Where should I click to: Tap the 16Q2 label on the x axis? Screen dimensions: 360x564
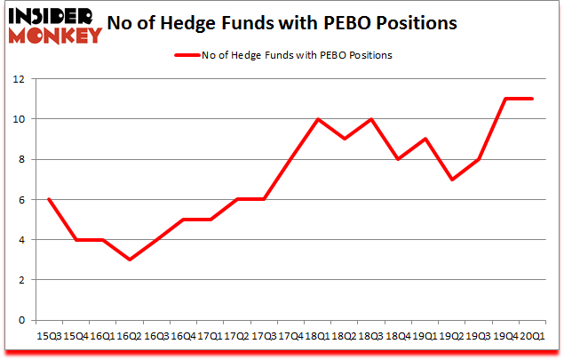[130, 337]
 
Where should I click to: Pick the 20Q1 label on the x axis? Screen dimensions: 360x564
[533, 337]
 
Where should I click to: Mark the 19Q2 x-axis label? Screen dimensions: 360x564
[452, 337]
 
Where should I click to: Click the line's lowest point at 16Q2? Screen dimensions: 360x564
[130, 260]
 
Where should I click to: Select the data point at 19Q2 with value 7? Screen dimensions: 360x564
[452, 180]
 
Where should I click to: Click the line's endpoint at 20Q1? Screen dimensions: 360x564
[533, 99]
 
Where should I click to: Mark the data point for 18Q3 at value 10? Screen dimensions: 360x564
[371, 119]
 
